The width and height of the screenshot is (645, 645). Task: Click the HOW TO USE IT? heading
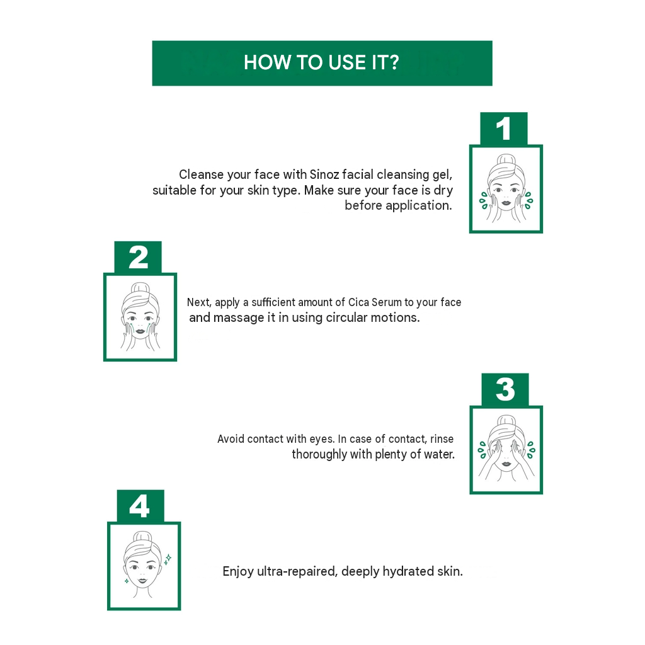pos(321,62)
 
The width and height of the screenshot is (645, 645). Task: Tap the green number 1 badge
pos(503,128)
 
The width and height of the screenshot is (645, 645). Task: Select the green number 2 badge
pos(138,258)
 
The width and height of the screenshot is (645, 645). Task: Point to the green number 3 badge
pos(505,389)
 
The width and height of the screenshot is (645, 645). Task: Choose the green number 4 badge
pos(140,506)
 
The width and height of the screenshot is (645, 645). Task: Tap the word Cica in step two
pos(358,302)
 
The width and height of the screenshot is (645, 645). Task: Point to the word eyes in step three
pos(322,440)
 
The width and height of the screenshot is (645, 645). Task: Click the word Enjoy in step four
pos(237,572)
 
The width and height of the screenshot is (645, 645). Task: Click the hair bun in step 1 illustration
pos(506,159)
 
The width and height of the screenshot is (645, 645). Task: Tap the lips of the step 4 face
pos(142,581)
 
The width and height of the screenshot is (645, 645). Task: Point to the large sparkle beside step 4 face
pos(168,558)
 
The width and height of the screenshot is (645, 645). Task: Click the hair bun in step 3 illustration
pos(506,421)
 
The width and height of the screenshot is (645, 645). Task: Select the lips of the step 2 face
pos(140,331)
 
